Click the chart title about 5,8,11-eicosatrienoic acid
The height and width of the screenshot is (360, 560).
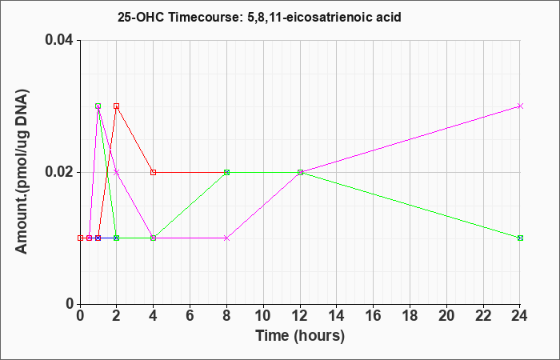tap(259, 17)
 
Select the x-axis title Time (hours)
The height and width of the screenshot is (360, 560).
tap(300, 336)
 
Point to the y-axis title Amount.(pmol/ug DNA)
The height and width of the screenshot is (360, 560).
tap(22, 171)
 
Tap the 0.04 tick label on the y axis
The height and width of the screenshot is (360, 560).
tap(59, 40)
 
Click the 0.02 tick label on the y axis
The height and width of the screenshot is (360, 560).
tap(59, 172)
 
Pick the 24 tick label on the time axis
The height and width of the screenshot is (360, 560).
tap(520, 316)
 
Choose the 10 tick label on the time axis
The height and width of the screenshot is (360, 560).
tap(263, 316)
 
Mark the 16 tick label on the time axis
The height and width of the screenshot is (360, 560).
tap(374, 316)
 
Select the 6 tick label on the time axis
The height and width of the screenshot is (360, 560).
tap(190, 316)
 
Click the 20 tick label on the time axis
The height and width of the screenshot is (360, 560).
tap(446, 316)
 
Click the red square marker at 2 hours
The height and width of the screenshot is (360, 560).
tap(116, 106)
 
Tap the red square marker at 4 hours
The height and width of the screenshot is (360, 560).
tap(154, 172)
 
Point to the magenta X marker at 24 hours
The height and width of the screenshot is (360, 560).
tap(520, 106)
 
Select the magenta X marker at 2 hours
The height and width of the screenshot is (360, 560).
tap(116, 172)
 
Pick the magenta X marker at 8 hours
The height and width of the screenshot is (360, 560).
tap(226, 238)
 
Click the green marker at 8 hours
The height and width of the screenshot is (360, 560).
tap(226, 172)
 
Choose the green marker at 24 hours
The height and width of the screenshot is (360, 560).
tap(520, 238)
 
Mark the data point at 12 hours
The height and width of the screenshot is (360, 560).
tap(300, 172)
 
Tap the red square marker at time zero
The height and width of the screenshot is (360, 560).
tap(80, 238)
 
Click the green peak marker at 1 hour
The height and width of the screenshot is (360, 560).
tap(98, 106)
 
